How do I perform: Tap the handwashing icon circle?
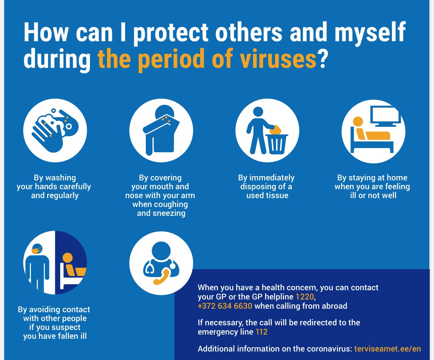tap(55, 131)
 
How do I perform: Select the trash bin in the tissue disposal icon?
tap(277, 144)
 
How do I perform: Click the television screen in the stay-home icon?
tap(385, 115)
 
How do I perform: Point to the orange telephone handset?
tap(162, 277)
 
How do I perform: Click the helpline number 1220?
tap(305, 297)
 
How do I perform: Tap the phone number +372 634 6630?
tap(225, 306)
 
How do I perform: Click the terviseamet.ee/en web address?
tap(387, 348)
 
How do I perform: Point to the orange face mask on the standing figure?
tap(36, 251)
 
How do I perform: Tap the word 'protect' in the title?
tap(171, 33)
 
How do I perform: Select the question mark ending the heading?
tap(323, 59)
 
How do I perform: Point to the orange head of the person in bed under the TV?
tap(358, 121)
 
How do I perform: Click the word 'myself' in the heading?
tap(370, 33)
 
